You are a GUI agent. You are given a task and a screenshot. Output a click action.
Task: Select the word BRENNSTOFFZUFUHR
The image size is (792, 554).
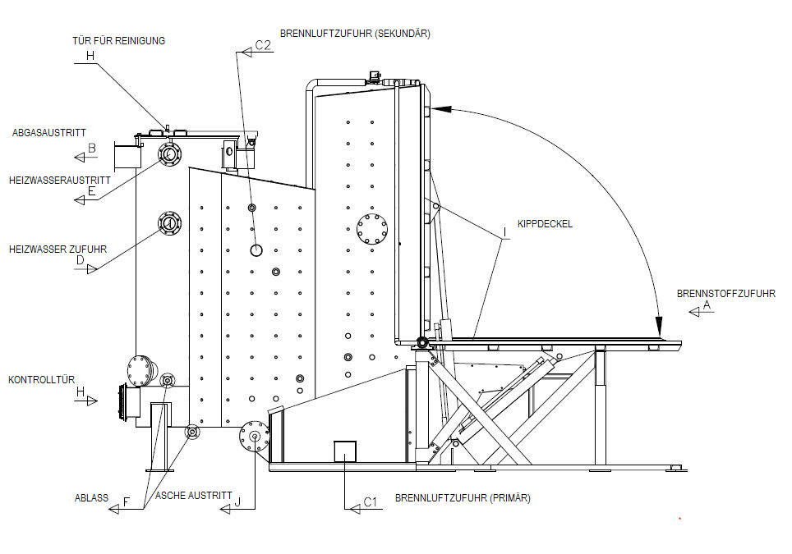(x=725, y=293)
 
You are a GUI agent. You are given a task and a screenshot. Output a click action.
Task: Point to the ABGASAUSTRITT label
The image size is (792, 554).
(x=49, y=132)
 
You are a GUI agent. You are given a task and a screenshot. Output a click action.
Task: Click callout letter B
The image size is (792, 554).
(x=92, y=149)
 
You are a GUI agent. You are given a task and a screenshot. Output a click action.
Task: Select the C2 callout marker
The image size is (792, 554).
(x=262, y=46)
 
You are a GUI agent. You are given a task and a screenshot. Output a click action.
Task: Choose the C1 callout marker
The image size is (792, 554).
(x=370, y=502)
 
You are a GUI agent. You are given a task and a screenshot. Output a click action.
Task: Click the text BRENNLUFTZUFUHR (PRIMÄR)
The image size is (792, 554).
(x=463, y=498)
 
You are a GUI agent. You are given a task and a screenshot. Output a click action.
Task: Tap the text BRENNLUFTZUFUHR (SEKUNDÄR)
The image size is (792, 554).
(x=355, y=34)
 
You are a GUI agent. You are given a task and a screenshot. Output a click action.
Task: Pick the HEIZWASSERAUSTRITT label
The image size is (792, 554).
(x=60, y=180)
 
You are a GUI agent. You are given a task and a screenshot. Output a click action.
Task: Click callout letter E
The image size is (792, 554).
(x=92, y=194)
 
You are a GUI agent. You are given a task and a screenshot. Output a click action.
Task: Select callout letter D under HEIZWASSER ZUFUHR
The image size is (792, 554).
(x=81, y=261)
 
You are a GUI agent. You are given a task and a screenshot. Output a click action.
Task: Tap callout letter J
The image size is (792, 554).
(x=238, y=502)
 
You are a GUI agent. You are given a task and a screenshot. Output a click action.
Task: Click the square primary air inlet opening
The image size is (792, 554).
(x=344, y=451)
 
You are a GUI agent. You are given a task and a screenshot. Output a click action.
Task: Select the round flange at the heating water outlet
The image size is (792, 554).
(x=169, y=153)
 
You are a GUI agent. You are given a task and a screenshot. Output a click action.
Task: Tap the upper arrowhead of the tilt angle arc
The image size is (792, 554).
(x=440, y=108)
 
